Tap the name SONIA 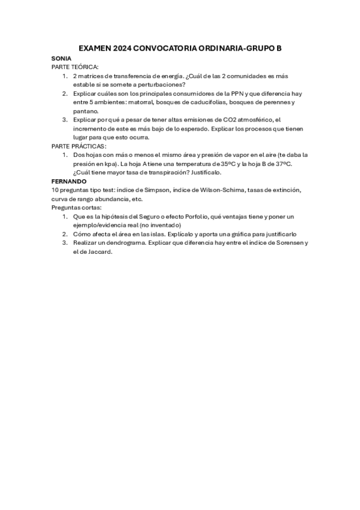62,58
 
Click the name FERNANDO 69,181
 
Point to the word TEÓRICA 86,67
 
